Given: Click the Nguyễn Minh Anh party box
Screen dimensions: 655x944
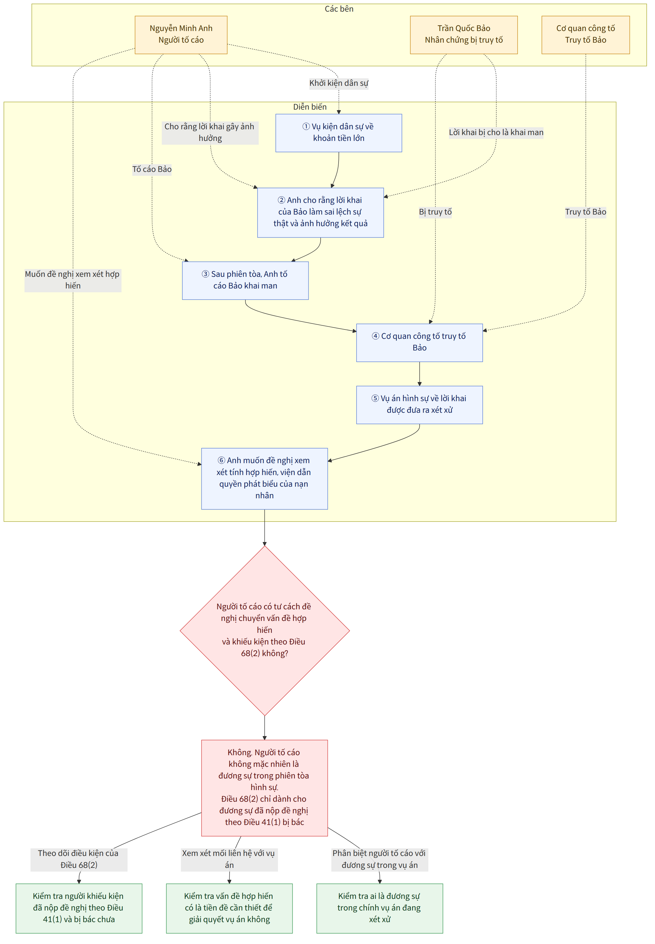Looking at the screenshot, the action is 181,35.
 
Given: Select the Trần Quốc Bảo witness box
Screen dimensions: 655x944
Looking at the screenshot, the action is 464,35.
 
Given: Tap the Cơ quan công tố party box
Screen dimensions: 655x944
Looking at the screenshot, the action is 586,35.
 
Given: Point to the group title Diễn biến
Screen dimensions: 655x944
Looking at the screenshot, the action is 310,107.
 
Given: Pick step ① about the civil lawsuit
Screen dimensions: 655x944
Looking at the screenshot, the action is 339,133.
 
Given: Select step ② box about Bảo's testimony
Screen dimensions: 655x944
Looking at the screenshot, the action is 321,212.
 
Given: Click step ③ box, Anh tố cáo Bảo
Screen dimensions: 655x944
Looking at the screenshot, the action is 245,280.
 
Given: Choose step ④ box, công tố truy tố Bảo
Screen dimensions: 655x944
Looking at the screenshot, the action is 419,342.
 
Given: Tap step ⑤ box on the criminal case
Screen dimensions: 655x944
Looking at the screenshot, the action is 419,404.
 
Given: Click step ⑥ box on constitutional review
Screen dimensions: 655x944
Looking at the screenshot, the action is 265,478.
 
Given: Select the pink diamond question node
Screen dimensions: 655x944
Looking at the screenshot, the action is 265,630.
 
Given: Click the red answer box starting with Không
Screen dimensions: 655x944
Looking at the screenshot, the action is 265,788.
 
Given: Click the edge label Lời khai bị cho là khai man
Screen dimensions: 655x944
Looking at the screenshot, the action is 496,133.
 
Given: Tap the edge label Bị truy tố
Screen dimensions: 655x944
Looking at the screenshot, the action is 435,212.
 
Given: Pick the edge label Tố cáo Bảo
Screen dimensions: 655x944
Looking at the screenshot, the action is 152,169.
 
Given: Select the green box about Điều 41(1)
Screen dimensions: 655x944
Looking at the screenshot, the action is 79,908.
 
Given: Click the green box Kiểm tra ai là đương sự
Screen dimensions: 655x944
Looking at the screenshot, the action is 380,908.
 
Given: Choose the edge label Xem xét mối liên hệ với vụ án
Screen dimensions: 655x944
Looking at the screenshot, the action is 229,859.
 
